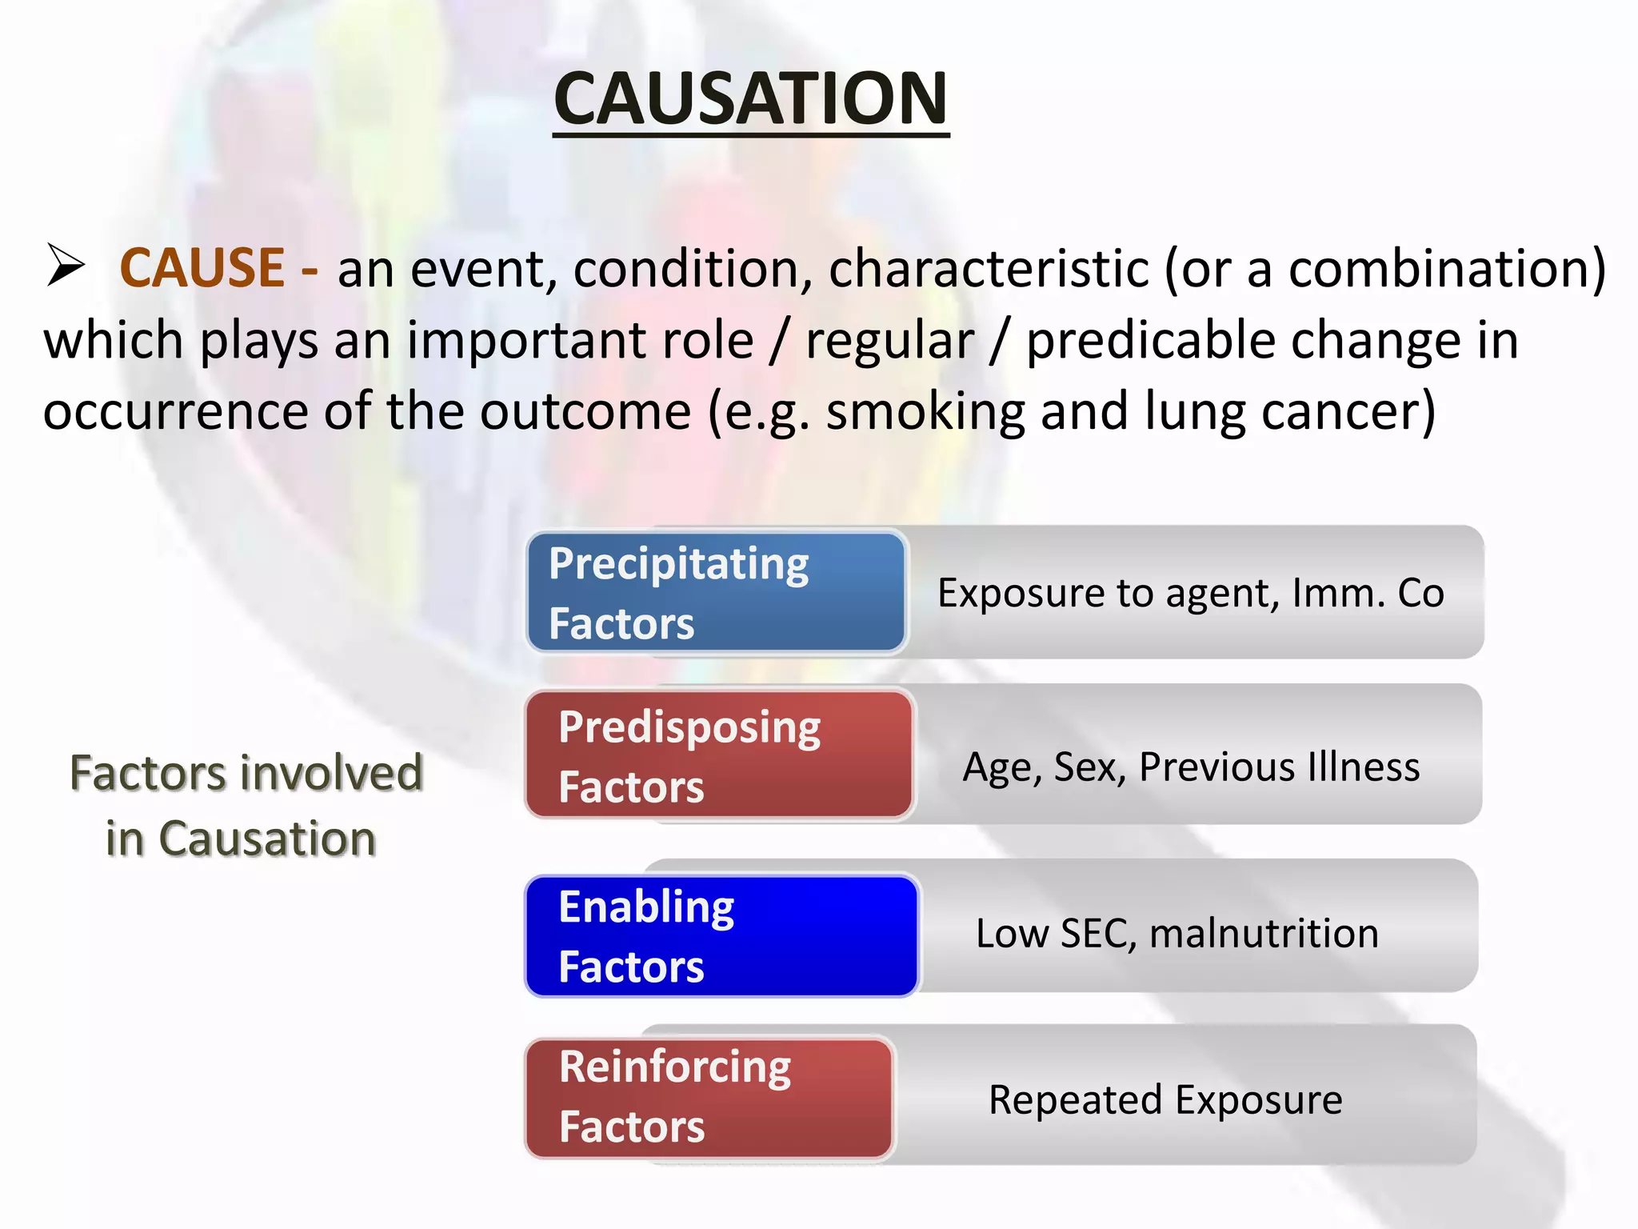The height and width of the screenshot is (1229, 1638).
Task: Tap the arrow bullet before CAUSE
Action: click(66, 265)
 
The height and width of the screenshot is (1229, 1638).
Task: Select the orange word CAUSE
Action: click(202, 267)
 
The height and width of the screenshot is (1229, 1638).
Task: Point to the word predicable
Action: click(1151, 340)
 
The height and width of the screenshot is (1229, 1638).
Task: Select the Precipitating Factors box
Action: click(716, 593)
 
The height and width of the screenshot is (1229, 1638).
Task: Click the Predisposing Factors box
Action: click(719, 755)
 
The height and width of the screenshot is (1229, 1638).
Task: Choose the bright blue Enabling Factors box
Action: click(721, 935)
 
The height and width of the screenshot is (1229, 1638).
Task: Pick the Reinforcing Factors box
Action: click(709, 1097)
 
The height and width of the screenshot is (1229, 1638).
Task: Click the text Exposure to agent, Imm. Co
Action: click(1190, 593)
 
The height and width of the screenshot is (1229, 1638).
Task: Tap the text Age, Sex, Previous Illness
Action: click(1191, 767)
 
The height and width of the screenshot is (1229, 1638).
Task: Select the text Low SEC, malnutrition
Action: click(1177, 933)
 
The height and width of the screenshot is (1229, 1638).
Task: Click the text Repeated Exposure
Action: click(1165, 1099)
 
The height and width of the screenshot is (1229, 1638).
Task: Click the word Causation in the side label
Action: click(267, 839)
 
